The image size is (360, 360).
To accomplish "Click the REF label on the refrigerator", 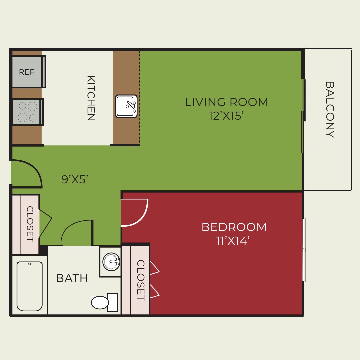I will tap(27, 72).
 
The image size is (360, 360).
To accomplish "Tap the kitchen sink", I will tap(126, 106).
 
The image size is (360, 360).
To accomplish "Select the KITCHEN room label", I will tap(91, 98).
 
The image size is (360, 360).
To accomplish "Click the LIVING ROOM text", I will tap(226, 102).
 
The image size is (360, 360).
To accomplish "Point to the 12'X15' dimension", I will tap(226, 116).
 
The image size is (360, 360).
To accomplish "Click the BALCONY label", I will tap(329, 109).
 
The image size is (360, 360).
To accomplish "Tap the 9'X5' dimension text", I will tap(75, 179).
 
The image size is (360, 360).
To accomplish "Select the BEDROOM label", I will tap(234, 227).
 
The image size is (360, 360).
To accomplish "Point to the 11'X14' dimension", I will tap(233, 241).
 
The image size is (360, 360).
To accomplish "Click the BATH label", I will tap(72, 278).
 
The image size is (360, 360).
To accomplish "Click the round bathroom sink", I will tap(111, 262).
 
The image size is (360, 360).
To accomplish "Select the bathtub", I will tap(30, 286).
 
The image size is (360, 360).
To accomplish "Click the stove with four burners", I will tap(27, 112).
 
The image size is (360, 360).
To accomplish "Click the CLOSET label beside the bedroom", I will tap(141, 280).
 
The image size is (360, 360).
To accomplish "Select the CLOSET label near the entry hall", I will tap(30, 224).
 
